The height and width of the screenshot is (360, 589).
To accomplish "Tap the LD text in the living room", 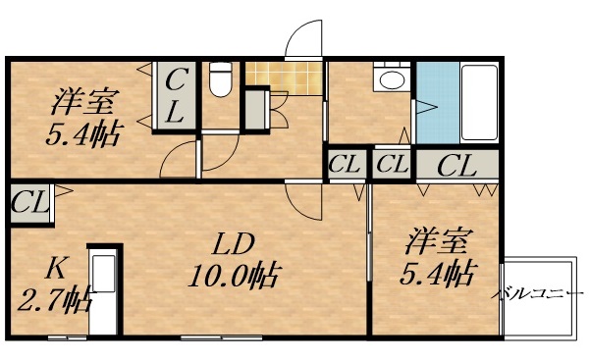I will pos(236,242).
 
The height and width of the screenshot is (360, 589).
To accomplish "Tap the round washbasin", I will pos(393,80).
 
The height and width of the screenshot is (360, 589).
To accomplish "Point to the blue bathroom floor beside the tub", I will pos(431,102).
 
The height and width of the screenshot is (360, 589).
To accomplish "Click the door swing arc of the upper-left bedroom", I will pos(179,158).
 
